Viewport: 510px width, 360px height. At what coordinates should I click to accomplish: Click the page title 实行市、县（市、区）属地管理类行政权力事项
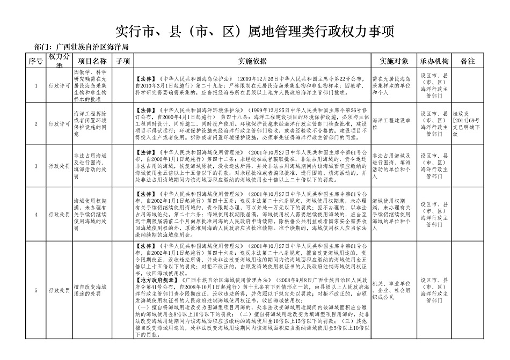pyautogui.click(x=255, y=32)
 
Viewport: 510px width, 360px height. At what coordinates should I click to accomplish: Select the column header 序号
pyautogui.click(x=36, y=61)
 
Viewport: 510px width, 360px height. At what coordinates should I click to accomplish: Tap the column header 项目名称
pyautogui.click(x=92, y=61)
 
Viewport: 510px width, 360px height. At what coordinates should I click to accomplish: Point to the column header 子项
pyautogui.click(x=123, y=61)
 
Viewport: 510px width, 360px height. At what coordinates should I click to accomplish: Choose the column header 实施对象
pyautogui.click(x=394, y=61)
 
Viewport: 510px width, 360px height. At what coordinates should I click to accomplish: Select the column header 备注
pyautogui.click(x=468, y=61)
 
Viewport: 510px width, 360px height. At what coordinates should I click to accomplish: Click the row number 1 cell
pyautogui.click(x=36, y=85)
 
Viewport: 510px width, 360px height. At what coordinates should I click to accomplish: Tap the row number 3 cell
pyautogui.click(x=36, y=166)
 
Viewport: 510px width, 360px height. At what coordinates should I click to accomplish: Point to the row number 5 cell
pyautogui.click(x=36, y=290)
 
